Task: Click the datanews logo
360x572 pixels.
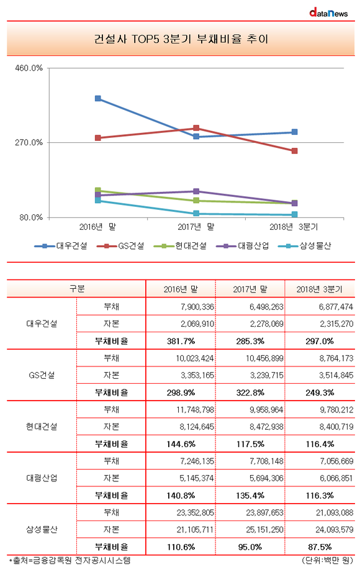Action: (328, 13)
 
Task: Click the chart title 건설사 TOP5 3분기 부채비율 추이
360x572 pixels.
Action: (181, 39)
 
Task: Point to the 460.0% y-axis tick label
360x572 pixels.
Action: (29, 68)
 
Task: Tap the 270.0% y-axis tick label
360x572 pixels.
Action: (29, 142)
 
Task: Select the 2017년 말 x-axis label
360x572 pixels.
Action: (196, 227)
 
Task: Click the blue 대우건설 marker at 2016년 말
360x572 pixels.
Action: (97, 99)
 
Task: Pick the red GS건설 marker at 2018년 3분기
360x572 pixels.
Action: (294, 151)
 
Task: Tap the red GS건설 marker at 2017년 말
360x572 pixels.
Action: (196, 128)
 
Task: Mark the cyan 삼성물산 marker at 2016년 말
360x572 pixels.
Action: (97, 200)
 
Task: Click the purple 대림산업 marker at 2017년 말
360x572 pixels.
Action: (196, 191)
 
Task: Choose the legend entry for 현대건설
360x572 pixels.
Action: (180, 246)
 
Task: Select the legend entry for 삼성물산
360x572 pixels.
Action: (305, 246)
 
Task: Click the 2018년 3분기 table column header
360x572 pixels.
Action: (319, 289)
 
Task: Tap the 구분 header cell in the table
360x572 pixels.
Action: (77, 289)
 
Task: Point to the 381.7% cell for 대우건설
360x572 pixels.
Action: (181, 341)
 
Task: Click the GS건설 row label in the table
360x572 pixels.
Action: (42, 375)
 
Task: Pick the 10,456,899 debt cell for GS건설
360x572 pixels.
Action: (264, 358)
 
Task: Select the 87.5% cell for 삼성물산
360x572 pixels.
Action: (320, 547)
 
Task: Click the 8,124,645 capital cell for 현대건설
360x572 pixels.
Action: (197, 427)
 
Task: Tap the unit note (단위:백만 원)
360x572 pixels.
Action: (327, 560)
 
